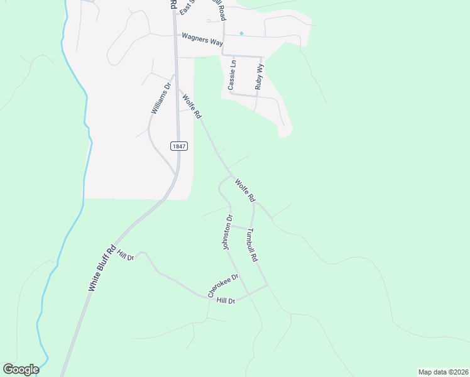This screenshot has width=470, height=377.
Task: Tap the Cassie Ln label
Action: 232,75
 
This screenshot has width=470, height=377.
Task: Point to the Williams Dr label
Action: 161,99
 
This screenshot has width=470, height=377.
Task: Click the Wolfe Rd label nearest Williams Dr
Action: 192,106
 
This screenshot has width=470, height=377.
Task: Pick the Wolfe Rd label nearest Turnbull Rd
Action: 244,190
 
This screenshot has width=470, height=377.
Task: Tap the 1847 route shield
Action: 178,146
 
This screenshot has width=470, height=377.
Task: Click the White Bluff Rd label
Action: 102,268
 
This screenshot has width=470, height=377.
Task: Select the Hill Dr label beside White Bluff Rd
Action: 126,258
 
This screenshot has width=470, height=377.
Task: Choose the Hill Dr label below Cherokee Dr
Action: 225,301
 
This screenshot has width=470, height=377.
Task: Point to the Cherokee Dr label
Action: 224,285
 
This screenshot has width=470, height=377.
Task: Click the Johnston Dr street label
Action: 228,232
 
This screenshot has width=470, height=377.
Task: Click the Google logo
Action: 20,369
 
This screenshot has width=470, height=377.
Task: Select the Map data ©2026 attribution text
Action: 443,372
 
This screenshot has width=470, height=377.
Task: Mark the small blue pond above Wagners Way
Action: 241,33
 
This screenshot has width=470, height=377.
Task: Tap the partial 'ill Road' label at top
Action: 219,9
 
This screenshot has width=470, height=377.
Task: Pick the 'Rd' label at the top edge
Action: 172,4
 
